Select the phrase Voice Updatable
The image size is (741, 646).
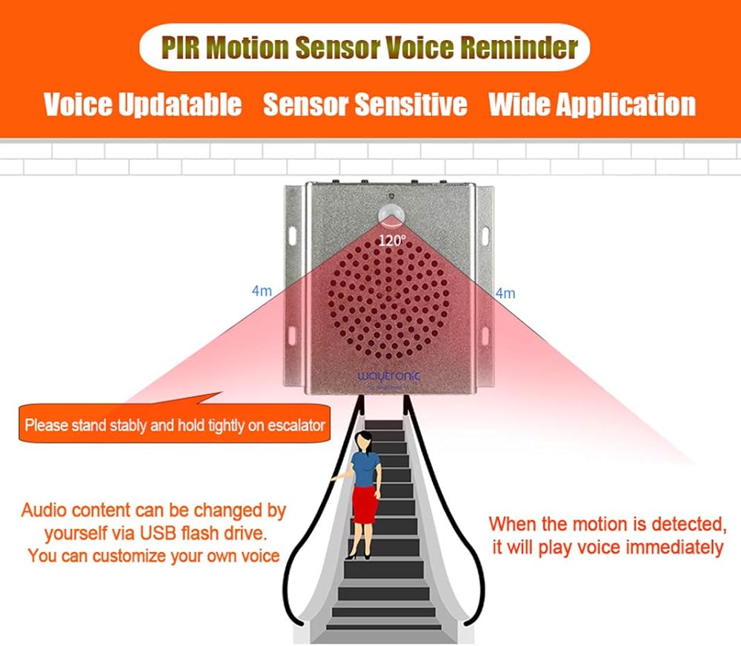143,104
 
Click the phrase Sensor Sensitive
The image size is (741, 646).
365,104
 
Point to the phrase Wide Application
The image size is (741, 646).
592,104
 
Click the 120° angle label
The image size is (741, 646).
392,241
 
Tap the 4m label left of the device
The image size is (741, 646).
262,290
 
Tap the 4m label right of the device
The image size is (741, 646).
505,293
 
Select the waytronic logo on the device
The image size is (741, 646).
388,376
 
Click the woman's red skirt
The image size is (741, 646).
365,505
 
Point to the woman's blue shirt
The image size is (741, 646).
365,469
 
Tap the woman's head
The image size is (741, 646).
364,441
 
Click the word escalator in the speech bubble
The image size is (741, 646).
296,425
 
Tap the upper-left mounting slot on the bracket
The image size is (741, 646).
293,236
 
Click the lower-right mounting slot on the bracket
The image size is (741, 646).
485,336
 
